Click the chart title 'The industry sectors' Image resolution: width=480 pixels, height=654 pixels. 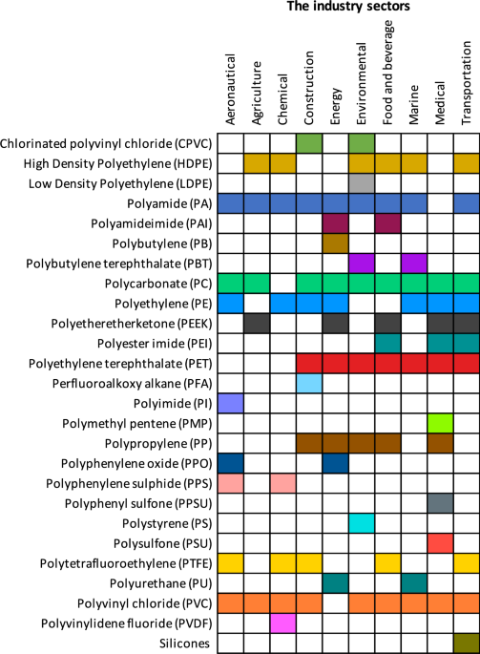point(348,7)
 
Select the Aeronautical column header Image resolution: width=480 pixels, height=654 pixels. point(230,89)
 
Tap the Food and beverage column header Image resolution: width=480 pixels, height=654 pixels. point(387,73)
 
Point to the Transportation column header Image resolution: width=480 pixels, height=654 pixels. point(467,82)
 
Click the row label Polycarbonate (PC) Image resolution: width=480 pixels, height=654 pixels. point(158,285)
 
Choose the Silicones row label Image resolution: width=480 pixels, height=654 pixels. point(184,643)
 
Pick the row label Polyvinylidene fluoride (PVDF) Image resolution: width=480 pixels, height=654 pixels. point(126,623)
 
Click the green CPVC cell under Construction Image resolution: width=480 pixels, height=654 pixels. point(309,143)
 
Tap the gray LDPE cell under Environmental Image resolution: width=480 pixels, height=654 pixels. point(362,183)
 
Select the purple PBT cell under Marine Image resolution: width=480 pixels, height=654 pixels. point(414,264)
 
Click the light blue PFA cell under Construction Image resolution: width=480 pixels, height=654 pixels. point(309,383)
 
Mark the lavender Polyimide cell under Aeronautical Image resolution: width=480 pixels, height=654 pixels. point(231,403)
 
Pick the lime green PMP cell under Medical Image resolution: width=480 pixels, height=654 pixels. point(440,423)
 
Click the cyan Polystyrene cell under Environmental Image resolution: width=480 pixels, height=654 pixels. point(362,523)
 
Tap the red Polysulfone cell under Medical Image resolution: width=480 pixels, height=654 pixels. point(440,543)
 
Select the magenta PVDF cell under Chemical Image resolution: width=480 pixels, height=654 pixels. point(283,623)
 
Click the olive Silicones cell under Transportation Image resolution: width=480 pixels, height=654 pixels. point(467,643)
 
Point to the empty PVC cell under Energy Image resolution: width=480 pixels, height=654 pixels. point(335,603)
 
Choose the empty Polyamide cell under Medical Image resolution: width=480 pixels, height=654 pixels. point(440,203)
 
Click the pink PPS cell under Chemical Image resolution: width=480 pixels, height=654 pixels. point(283,483)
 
